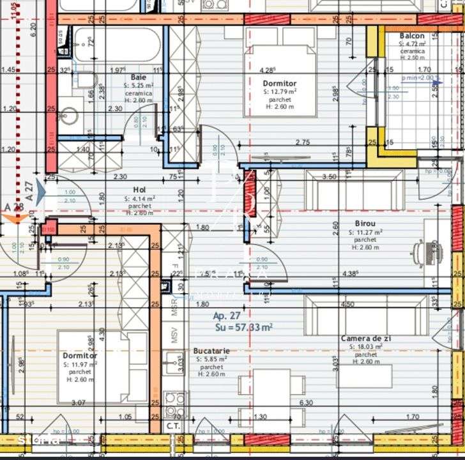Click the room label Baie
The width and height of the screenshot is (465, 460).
(139, 77)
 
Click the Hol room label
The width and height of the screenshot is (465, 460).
(139, 190)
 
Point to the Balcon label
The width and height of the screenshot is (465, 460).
(412, 36)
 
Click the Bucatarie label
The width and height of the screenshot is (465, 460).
(211, 351)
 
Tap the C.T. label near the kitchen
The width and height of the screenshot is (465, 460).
(172, 424)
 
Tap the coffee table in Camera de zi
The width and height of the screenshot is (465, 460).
(365, 376)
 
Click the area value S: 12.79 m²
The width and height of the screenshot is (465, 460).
(279, 92)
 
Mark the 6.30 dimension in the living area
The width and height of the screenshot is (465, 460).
(307, 403)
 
